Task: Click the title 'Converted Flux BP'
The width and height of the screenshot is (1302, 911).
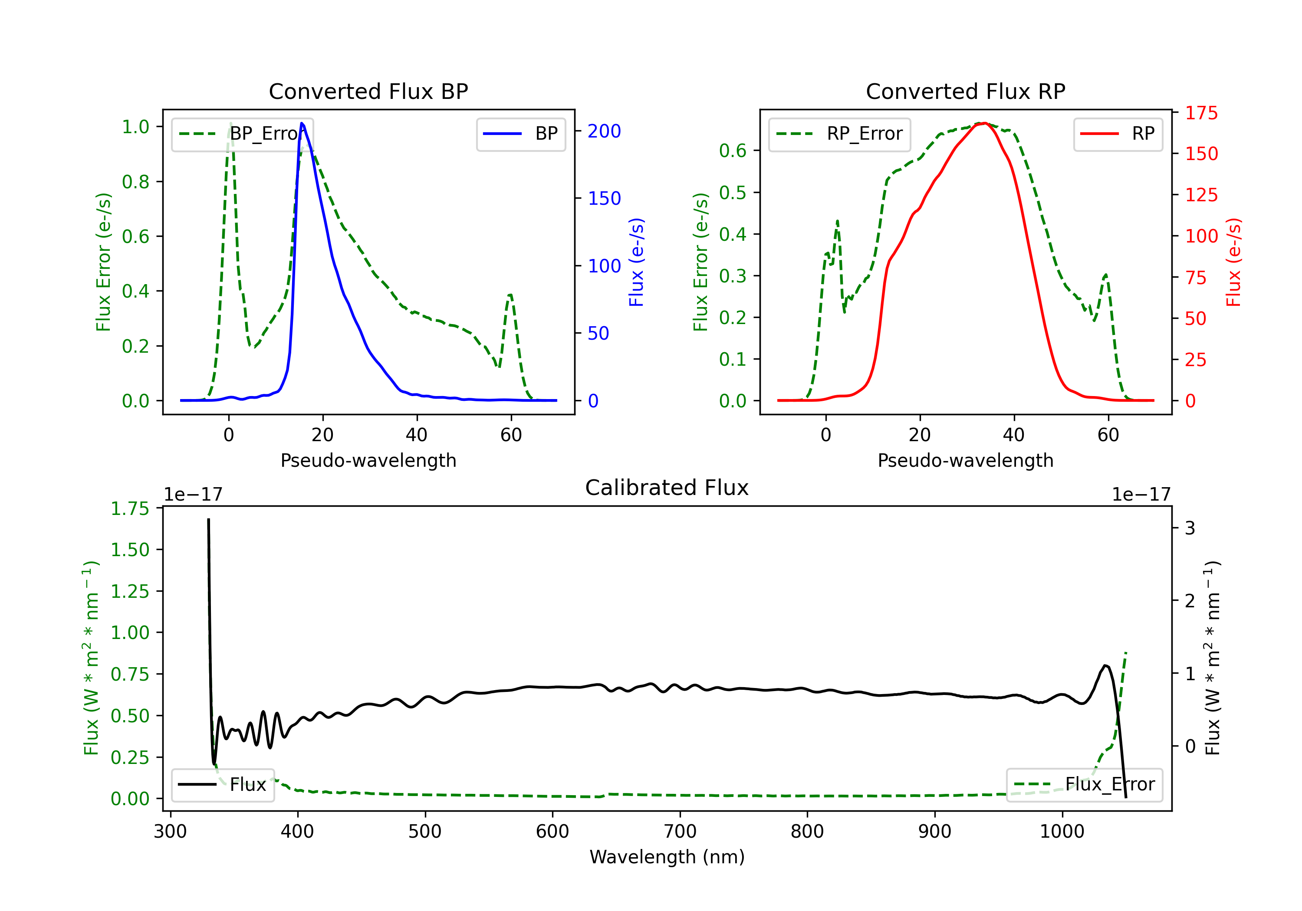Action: [x=368, y=91]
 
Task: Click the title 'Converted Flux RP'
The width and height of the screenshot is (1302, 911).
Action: [x=965, y=91]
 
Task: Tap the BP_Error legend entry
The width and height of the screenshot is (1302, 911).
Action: [x=243, y=134]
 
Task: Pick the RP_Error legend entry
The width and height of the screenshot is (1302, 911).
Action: [x=840, y=134]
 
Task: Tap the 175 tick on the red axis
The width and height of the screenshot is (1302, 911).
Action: [x=1201, y=113]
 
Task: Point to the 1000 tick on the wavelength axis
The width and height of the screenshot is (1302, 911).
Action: [x=1062, y=831]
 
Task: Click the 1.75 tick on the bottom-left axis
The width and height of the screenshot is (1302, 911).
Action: [x=130, y=508]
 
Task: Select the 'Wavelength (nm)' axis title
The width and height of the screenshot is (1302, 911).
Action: [x=667, y=857]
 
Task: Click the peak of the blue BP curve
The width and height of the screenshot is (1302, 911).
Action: [x=302, y=123]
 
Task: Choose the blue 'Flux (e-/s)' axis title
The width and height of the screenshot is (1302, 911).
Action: [x=636, y=262]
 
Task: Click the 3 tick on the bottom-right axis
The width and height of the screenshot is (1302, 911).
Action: [x=1190, y=528]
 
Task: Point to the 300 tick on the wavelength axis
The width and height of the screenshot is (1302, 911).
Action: [x=170, y=831]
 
